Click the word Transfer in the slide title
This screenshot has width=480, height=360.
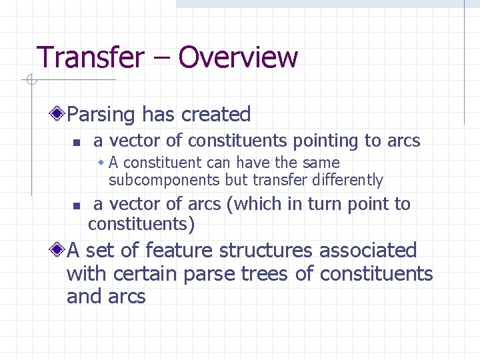click(x=90, y=57)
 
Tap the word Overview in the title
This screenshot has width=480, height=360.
click(x=238, y=57)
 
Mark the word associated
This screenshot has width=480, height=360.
click(x=368, y=251)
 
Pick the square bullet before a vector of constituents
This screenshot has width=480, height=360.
click(x=77, y=142)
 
